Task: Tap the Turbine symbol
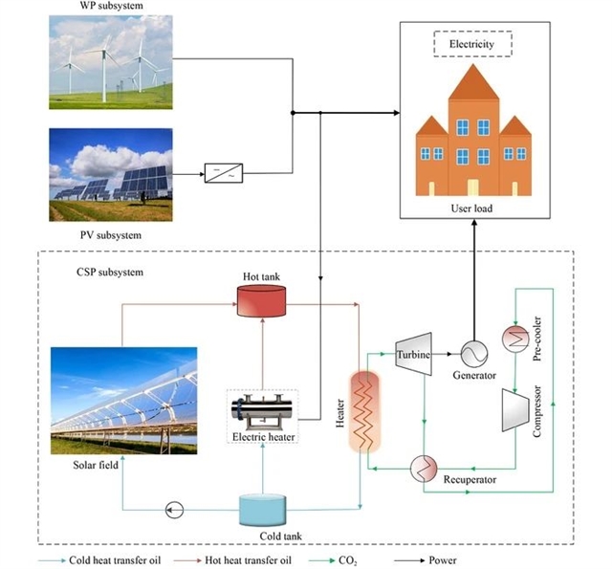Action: click(x=413, y=353)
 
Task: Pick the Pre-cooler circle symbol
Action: click(x=516, y=339)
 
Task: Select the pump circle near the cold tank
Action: click(x=173, y=510)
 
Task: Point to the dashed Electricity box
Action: click(x=473, y=43)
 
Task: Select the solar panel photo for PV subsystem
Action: click(x=112, y=172)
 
